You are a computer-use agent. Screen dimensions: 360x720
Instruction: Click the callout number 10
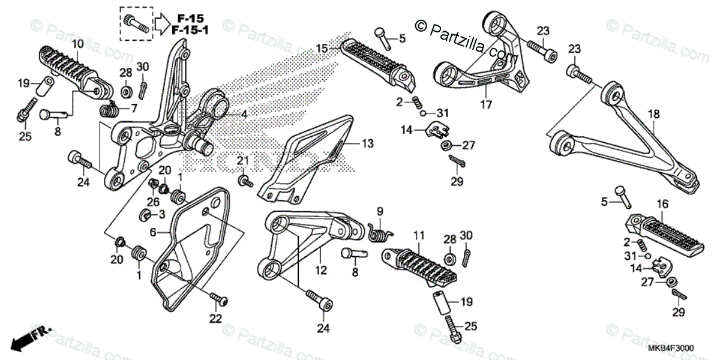click(x=78, y=43)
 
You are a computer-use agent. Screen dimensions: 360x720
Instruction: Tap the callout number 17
click(x=485, y=104)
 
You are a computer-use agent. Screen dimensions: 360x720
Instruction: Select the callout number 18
click(x=653, y=113)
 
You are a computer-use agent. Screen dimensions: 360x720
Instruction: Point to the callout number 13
click(x=367, y=143)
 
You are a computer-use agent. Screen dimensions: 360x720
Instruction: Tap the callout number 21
click(x=242, y=160)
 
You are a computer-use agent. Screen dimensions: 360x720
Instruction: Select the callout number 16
click(x=662, y=205)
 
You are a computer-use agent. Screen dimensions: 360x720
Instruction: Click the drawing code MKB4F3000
click(x=670, y=348)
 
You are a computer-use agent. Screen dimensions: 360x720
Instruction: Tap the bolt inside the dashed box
click(x=137, y=23)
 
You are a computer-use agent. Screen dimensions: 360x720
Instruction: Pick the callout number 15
click(x=322, y=48)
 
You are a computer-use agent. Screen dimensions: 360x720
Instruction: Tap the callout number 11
click(x=418, y=235)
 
